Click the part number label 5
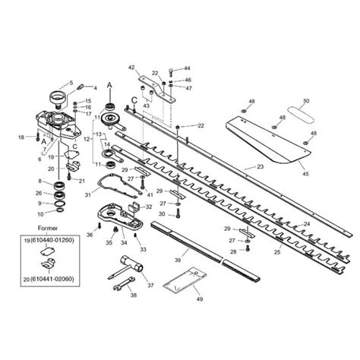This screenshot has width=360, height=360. (x=71, y=82)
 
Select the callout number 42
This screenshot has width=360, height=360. (x=130, y=68)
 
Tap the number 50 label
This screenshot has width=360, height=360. (x=306, y=101)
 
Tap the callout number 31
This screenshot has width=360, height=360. (x=88, y=195)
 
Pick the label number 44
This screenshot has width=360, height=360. (x=188, y=68)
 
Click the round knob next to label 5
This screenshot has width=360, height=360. (x=55, y=98)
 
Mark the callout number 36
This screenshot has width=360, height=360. (x=90, y=235)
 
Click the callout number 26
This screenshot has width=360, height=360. (x=39, y=193)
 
